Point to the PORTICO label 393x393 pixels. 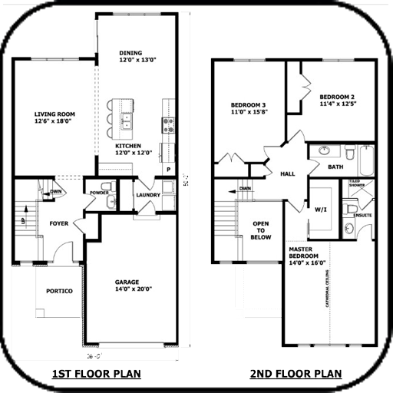coord(58,292)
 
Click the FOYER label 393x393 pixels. coord(60,224)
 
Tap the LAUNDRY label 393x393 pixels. coord(148,195)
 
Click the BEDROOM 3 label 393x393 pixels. coord(248,104)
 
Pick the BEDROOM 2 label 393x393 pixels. coord(337,97)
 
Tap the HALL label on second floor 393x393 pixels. coord(287,173)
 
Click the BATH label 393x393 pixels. coord(335,166)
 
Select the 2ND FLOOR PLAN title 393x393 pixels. coord(295,374)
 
